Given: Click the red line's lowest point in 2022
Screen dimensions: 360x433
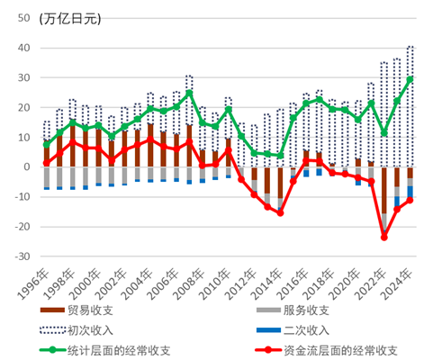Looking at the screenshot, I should point(384,238).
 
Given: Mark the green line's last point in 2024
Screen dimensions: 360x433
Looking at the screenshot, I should point(410,79).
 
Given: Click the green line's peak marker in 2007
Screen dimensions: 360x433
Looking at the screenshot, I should point(189,92).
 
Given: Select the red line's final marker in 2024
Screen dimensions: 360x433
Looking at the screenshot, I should point(410,200).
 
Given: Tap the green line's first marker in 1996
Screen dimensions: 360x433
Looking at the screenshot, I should point(46,144).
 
